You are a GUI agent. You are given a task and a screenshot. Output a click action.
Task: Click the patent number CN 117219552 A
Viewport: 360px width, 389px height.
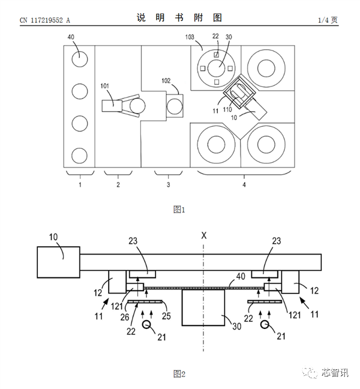[45, 20]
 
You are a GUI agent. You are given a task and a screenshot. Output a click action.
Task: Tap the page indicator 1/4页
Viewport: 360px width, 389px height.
[328, 20]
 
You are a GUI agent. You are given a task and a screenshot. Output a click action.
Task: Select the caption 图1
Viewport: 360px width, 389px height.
[179, 210]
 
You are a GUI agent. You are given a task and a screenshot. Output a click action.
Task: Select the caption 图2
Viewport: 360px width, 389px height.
[179, 374]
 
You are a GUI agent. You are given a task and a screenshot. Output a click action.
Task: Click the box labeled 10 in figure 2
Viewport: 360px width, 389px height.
[58, 262]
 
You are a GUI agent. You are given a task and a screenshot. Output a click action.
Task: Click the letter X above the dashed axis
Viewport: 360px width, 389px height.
[204, 237]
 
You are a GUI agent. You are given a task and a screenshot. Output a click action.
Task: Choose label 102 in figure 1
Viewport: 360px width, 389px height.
[166, 80]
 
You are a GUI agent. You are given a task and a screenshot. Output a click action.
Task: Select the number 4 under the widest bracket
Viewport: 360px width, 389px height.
[244, 185]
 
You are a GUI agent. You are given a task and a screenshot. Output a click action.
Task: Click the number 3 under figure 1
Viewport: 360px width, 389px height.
[169, 185]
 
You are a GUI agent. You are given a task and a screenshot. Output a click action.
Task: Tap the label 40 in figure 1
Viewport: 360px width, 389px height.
[71, 37]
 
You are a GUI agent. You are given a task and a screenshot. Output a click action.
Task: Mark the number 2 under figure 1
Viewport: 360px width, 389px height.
[118, 185]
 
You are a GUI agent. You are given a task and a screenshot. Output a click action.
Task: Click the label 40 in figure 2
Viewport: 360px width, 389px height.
[240, 277]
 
